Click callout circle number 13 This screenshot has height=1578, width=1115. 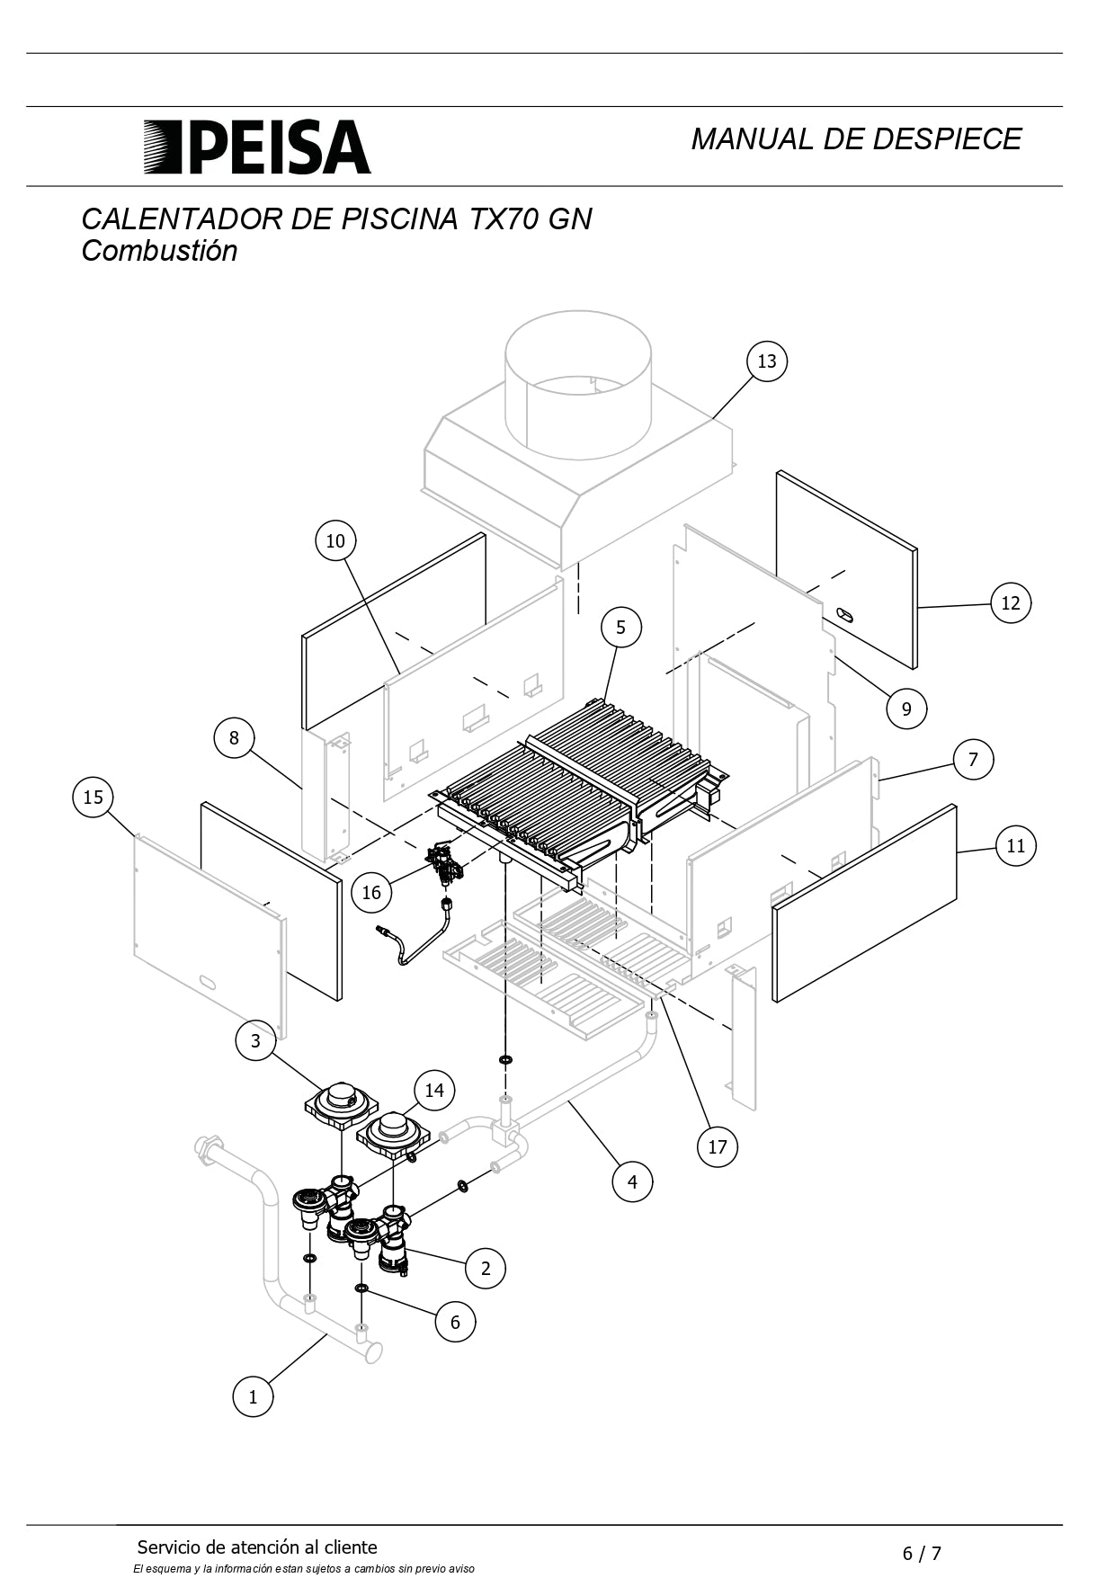766,361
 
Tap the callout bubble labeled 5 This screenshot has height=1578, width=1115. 620,627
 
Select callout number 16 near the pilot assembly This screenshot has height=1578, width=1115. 371,892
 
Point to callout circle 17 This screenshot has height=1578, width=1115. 717,1146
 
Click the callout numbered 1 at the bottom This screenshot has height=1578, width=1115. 253,1397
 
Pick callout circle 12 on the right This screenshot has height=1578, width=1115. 1011,603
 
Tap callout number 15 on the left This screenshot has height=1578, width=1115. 94,798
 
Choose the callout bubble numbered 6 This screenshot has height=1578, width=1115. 455,1322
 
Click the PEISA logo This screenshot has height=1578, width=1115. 258,147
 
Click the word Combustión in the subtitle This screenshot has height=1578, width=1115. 159,251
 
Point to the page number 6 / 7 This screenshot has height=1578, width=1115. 922,1553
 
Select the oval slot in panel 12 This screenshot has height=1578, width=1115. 847,615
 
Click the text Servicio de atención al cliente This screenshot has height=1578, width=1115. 257,1547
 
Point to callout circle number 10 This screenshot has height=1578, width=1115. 335,541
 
